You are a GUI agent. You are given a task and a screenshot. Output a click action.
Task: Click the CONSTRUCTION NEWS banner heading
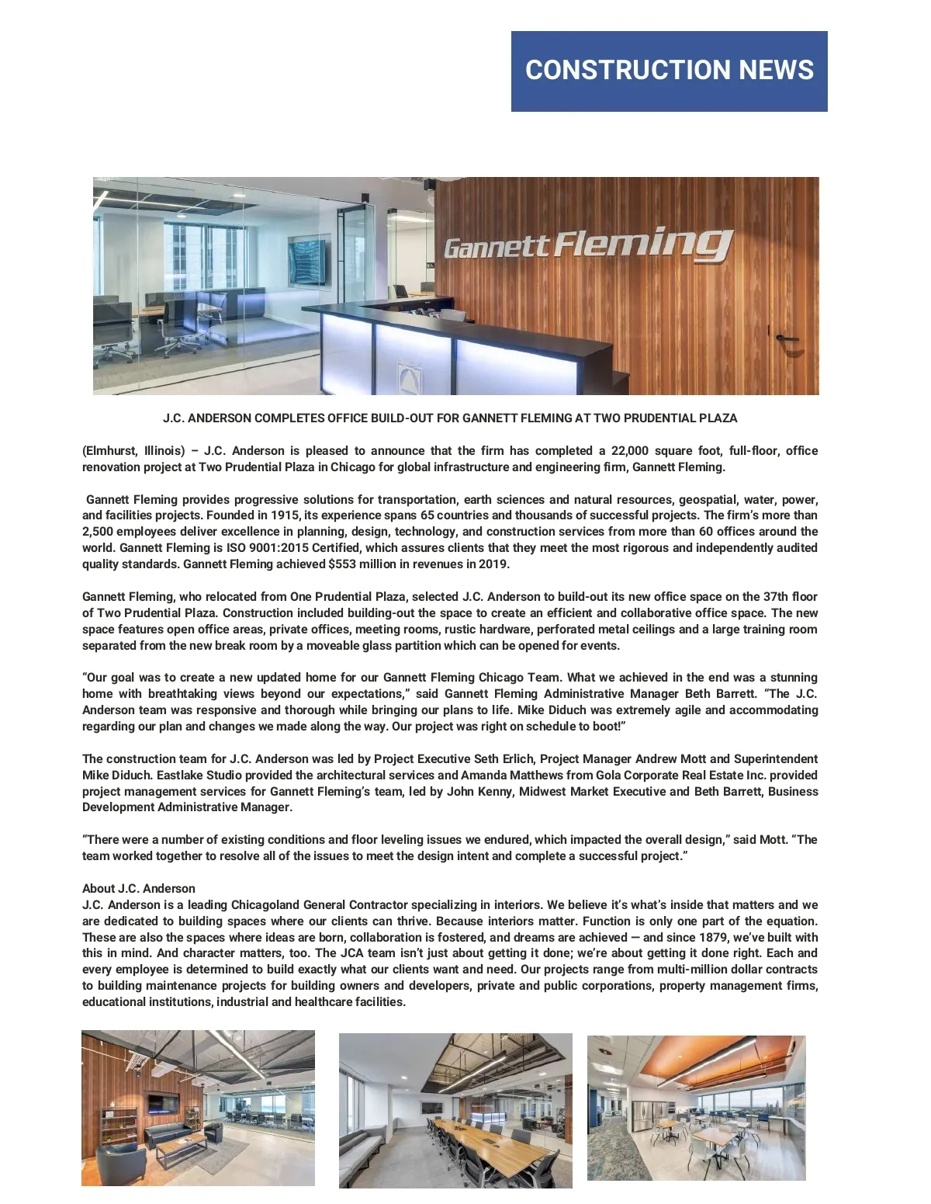pyautogui.click(x=669, y=70)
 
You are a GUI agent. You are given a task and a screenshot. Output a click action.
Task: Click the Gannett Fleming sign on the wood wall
pyautogui.click(x=588, y=245)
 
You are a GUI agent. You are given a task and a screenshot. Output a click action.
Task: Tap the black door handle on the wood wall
pyautogui.click(x=787, y=338)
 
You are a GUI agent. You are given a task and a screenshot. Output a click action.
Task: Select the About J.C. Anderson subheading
pyautogui.click(x=139, y=889)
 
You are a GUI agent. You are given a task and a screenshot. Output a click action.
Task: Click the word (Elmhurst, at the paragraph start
pyautogui.click(x=109, y=451)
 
